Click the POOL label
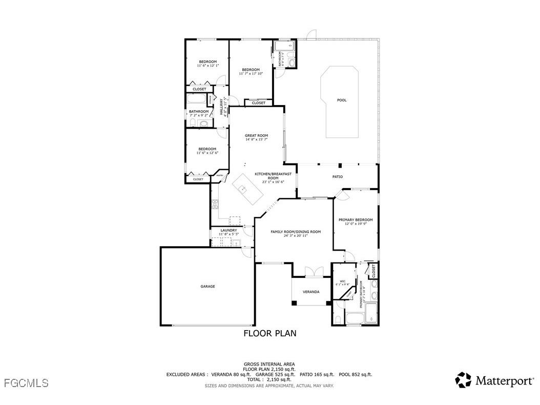click(341, 100)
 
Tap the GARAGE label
click(207, 286)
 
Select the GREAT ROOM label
click(256, 135)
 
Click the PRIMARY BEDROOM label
click(356, 219)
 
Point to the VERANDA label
click(311, 292)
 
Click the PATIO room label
click(338, 176)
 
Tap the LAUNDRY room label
click(229, 230)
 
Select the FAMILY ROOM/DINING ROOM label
click(296, 232)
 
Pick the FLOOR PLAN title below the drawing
click(269, 333)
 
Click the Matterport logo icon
click(463, 380)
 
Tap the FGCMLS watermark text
click(26, 382)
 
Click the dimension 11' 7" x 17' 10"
click(251, 74)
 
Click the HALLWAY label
click(222, 106)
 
